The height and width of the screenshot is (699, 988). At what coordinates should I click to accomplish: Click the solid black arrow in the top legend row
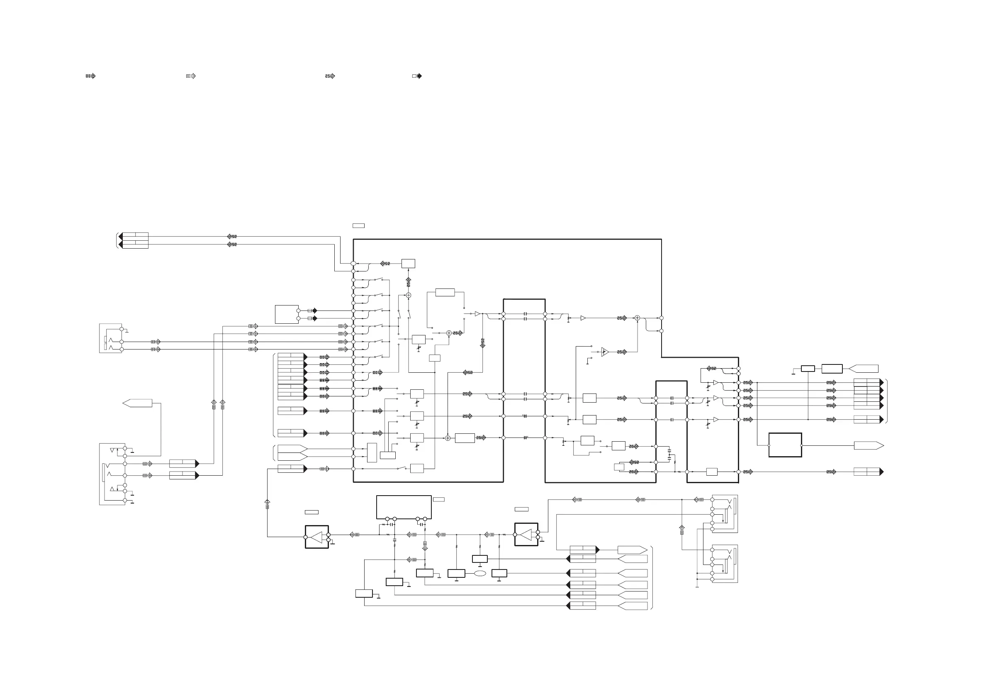417,76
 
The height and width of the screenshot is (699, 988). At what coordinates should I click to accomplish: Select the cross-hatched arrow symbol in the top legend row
330,76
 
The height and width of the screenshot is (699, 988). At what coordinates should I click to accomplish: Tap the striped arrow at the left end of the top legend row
90,76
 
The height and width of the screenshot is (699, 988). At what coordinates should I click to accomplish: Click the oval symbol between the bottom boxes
480,573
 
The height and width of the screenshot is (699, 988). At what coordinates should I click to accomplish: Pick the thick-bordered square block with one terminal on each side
785,445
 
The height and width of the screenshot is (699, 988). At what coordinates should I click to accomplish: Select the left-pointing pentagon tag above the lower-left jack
137,403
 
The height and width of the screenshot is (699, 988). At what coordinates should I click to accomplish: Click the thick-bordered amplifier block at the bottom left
317,537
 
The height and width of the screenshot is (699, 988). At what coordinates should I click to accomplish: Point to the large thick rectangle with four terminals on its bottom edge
404,507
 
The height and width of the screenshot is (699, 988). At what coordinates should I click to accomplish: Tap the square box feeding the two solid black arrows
287,314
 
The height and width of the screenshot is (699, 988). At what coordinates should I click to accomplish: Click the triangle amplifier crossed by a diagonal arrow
605,352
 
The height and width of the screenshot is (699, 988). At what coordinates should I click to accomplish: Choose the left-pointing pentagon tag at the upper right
863,369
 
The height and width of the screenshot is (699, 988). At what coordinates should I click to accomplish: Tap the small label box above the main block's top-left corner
358,226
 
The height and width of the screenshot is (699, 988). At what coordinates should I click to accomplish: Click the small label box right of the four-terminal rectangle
438,499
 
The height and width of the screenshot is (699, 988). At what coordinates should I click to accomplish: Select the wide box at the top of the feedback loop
445,293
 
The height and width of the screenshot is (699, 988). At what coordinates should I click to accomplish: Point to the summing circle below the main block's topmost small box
409,295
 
